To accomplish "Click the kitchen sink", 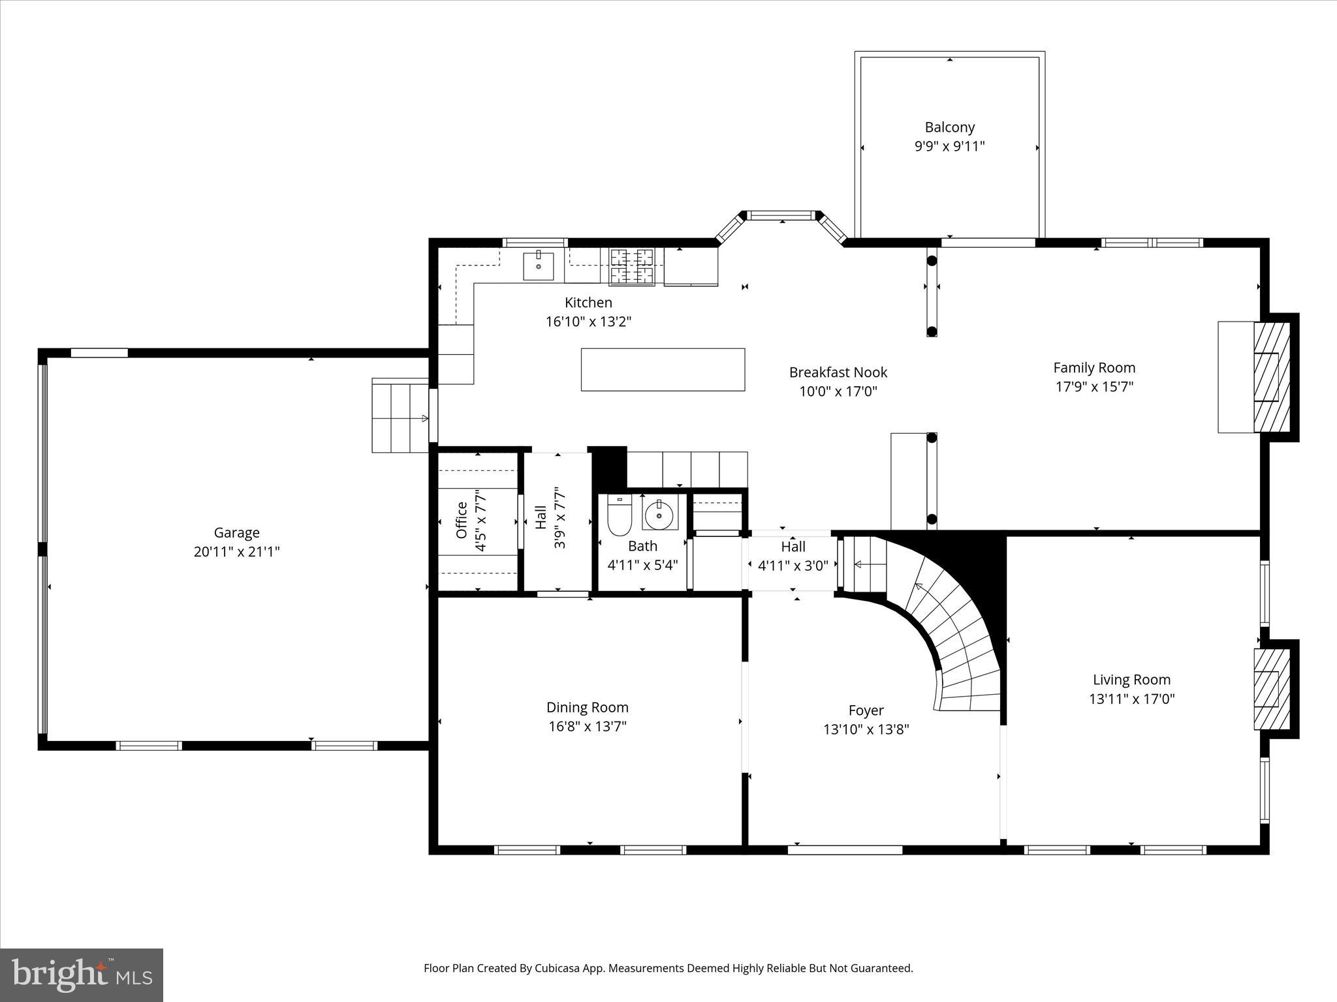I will coord(538,266).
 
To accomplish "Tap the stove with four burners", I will coord(631,267).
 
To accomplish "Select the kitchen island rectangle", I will coord(663,370).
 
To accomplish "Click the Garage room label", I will coord(236,533).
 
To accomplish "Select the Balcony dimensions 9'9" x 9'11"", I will coord(949,146).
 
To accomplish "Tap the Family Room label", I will coord(1094,367).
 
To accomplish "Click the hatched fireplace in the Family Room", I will coord(1271,376).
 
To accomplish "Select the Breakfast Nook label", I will coord(838,372).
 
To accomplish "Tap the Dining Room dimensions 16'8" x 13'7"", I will coord(588,726).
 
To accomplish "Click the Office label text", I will coord(462,520).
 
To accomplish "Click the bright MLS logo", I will coord(82,975).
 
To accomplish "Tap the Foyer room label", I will coord(866,710).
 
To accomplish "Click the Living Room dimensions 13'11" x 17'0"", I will coord(1131,699).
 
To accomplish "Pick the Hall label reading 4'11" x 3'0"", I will coord(793,565).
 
